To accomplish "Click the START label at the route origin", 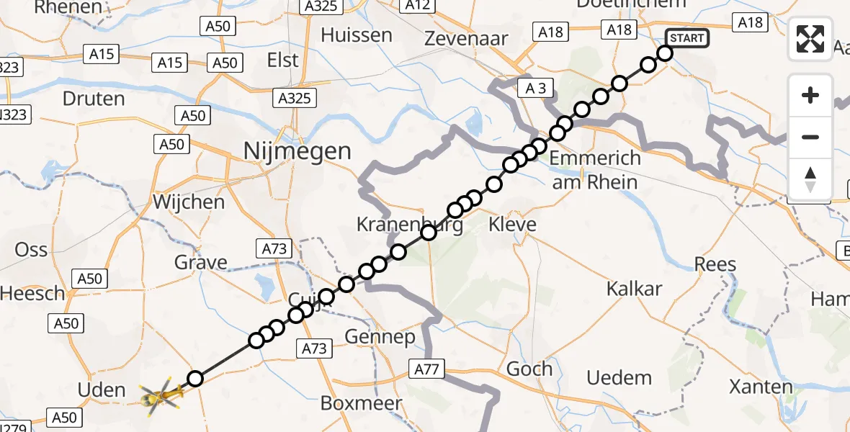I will coord(688,37).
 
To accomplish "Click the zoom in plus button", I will coord(810,95).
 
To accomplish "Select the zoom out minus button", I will coord(810,137).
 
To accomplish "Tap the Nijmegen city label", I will coord(297,151).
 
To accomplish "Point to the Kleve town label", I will coord(512,225).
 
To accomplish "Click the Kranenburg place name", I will coord(409,225).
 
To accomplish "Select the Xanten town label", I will coord(761,387).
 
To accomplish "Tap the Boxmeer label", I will coord(361,403).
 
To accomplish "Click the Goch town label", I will coord(529,369).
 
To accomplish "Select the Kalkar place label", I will coord(634,289).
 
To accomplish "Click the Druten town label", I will coord(94,99).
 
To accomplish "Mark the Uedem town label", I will coord(619,377).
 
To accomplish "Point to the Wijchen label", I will coord(189,202).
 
